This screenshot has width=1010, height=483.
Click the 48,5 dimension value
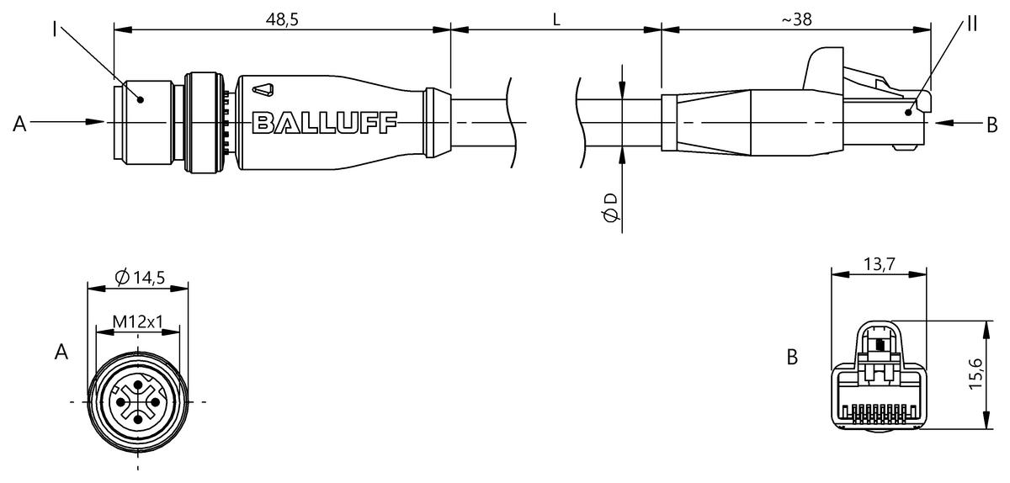282,20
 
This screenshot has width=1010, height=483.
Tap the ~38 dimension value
796,20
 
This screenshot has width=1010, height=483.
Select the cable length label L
556,20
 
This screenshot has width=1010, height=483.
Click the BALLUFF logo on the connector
325,123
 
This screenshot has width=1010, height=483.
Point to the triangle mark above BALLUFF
263,90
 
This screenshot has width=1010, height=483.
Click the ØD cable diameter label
610,208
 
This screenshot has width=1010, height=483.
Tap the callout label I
55,29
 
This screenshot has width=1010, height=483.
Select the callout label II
972,24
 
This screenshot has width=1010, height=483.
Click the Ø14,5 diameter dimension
140,278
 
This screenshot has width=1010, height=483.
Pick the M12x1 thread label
137,321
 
